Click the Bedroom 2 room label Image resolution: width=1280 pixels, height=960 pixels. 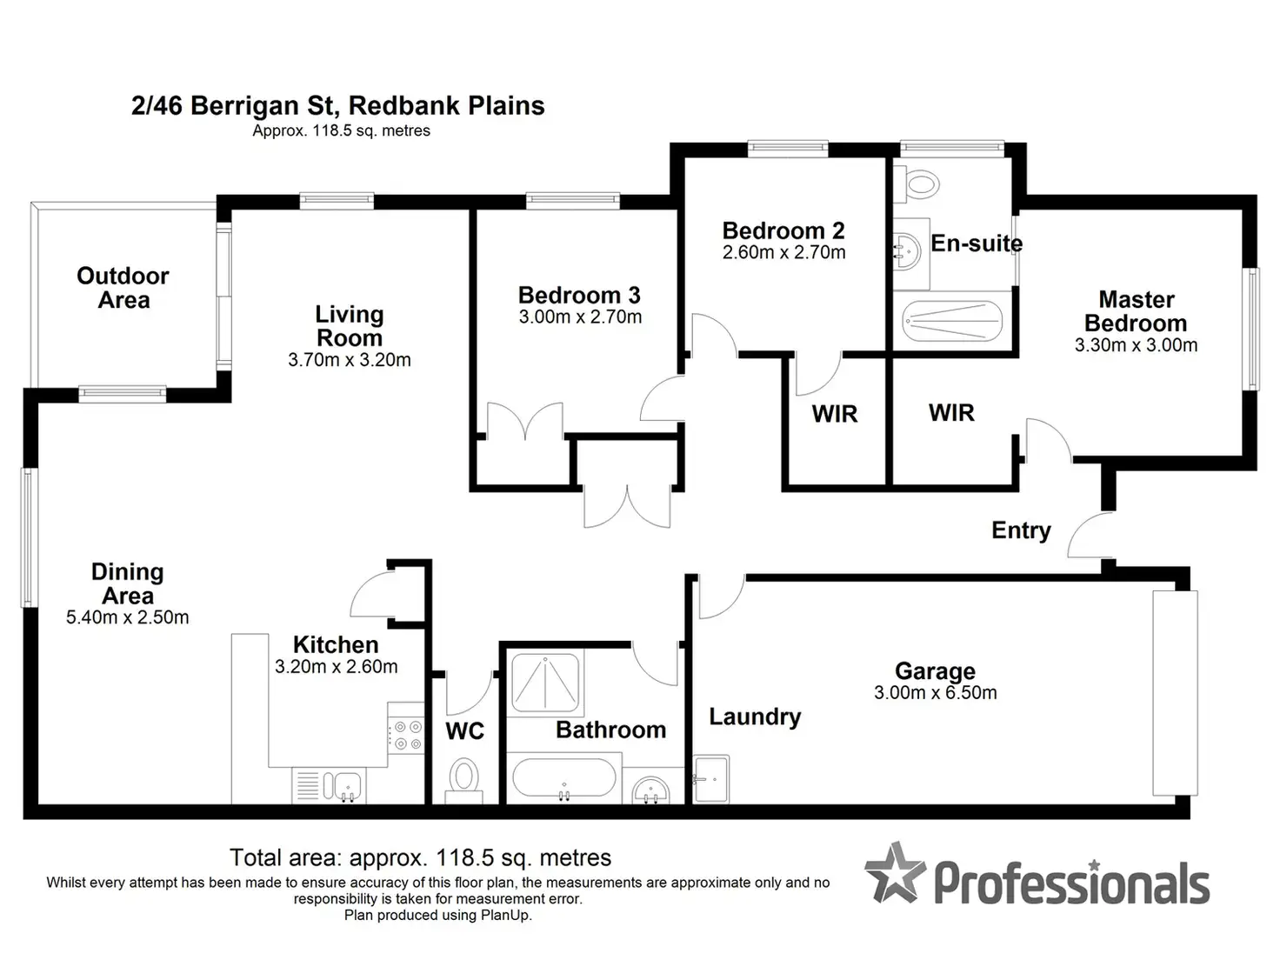click(783, 231)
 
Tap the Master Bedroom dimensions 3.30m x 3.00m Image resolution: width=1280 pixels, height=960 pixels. click(1136, 345)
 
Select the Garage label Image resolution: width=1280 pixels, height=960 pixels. click(935, 671)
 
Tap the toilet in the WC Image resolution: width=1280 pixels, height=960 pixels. click(464, 776)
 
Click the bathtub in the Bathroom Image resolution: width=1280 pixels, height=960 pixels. click(563, 778)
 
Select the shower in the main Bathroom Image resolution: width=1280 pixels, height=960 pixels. click(545, 682)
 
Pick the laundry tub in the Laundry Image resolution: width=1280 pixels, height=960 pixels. click(711, 778)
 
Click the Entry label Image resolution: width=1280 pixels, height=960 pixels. click(1021, 530)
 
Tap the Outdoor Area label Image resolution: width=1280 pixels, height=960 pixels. click(123, 288)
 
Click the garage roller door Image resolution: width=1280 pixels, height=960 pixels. click(1175, 692)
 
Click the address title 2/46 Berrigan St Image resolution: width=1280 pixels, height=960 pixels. click(337, 106)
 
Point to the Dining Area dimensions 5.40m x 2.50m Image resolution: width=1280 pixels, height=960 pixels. click(127, 618)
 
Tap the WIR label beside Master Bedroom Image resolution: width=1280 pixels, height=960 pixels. click(951, 413)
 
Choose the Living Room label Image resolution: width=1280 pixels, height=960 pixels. click(349, 326)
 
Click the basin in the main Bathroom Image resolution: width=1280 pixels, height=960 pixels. click(650, 790)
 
